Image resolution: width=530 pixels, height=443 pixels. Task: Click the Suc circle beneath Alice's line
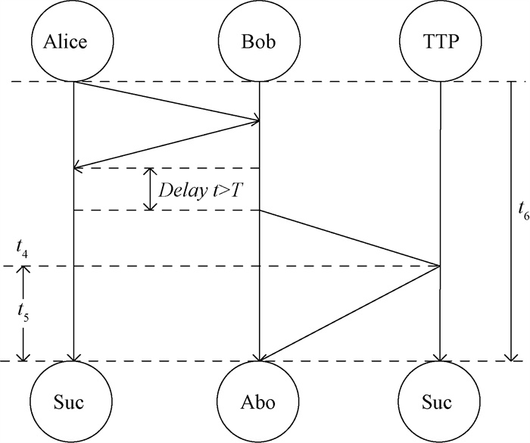(x=73, y=401)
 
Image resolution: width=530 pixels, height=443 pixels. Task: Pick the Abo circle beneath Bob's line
(x=259, y=401)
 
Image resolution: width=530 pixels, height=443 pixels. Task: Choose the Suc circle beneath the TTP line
(x=440, y=401)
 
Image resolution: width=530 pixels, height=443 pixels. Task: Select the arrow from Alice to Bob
(x=167, y=101)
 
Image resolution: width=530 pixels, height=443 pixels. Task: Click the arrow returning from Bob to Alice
(x=167, y=144)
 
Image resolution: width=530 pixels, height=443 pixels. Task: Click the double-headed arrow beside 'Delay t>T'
(x=150, y=189)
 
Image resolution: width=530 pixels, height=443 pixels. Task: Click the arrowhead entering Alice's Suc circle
(x=73, y=357)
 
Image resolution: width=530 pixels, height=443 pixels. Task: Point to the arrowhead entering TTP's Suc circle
(x=440, y=357)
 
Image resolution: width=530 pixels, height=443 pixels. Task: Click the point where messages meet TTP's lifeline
(x=440, y=266)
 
